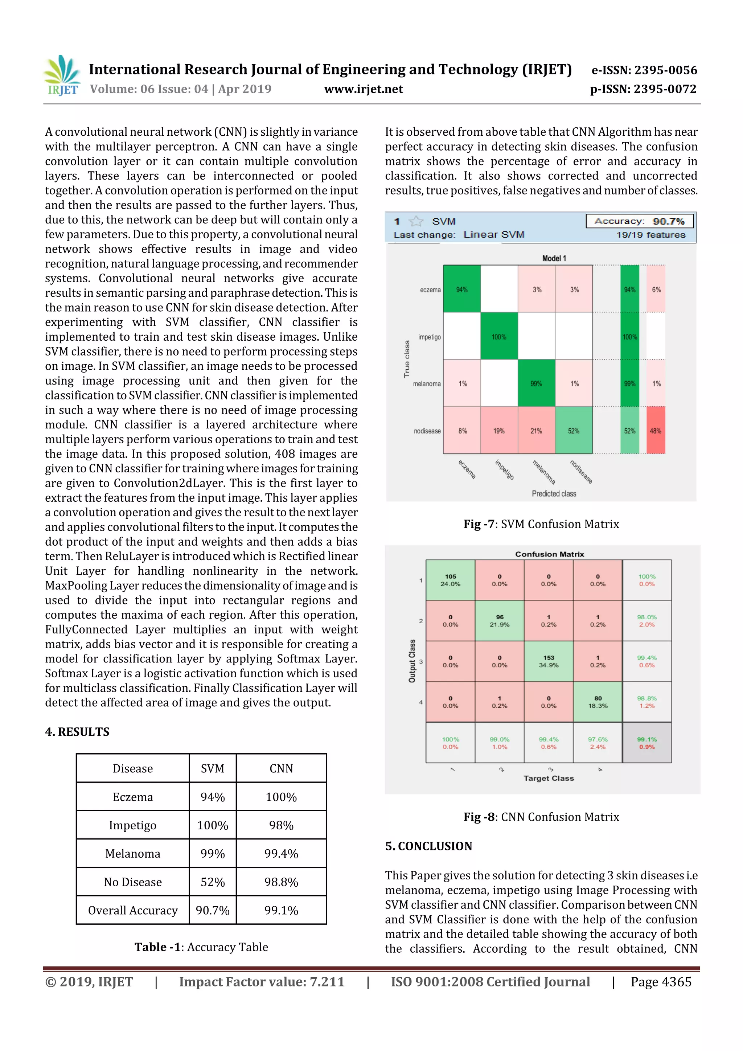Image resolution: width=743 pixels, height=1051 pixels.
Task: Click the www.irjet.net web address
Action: click(364, 89)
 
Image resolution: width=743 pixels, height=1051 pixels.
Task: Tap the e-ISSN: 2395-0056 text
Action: click(644, 70)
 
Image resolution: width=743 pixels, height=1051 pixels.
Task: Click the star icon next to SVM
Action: click(416, 222)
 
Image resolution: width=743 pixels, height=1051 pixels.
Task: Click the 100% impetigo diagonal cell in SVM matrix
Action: click(499, 337)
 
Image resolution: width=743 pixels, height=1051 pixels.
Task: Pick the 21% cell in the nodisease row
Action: click(536, 431)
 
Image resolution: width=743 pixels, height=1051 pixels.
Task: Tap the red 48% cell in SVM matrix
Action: click(656, 431)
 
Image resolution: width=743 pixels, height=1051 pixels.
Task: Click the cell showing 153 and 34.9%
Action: click(549, 661)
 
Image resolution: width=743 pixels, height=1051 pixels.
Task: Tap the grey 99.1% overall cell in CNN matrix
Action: click(646, 743)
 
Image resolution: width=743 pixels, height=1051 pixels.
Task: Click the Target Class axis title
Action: click(549, 778)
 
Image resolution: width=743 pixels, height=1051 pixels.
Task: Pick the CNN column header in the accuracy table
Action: click(281, 768)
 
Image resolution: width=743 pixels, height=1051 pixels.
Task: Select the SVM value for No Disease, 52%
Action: click(213, 882)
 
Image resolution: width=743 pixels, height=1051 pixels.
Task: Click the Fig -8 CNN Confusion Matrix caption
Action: click(541, 817)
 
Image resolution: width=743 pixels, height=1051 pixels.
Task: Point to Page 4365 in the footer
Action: click(661, 982)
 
